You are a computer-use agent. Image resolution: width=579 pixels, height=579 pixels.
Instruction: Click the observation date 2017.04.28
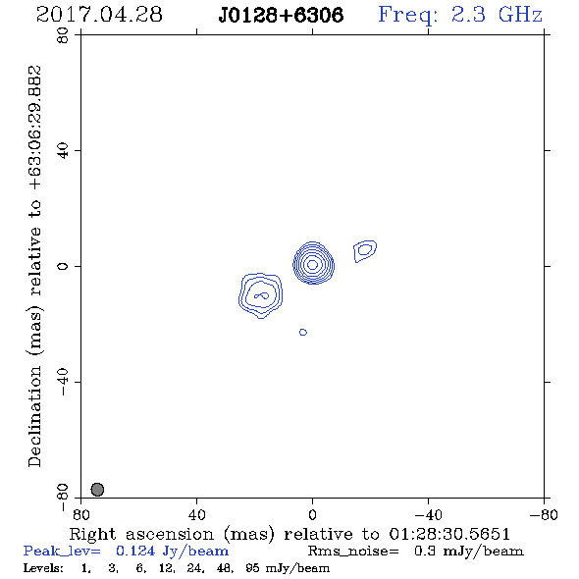click(99, 15)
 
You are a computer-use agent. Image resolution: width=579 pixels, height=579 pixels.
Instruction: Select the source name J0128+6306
click(281, 15)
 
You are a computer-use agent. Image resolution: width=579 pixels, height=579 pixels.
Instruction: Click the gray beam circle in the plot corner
click(97, 490)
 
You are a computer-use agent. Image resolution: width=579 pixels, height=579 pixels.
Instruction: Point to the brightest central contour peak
click(313, 264)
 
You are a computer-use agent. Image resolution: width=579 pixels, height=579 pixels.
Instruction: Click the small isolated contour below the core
click(303, 333)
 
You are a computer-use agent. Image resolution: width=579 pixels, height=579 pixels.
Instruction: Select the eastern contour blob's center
click(261, 295)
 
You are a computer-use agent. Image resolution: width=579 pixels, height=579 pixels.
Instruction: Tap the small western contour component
click(365, 250)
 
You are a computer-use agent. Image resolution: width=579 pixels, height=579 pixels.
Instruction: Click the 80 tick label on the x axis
click(80, 515)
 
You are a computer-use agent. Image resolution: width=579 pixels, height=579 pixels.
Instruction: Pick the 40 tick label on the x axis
click(197, 515)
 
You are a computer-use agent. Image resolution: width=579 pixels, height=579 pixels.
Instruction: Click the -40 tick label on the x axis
click(428, 515)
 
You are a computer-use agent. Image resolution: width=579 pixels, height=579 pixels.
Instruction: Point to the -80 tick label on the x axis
click(544, 515)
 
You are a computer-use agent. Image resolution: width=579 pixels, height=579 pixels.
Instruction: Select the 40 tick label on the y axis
click(63, 151)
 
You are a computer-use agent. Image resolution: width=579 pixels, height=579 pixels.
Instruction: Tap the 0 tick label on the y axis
click(63, 266)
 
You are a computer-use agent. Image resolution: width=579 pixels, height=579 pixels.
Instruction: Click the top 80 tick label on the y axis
click(63, 35)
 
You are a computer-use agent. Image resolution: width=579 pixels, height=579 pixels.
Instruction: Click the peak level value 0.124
click(135, 551)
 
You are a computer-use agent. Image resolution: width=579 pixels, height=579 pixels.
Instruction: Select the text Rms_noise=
click(353, 552)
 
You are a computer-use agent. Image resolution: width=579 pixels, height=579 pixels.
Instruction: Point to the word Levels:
click(43, 568)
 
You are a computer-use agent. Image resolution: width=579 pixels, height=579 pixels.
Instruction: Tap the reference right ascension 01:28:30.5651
click(449, 534)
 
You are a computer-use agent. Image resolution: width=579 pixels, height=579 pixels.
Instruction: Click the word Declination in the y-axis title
click(34, 416)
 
